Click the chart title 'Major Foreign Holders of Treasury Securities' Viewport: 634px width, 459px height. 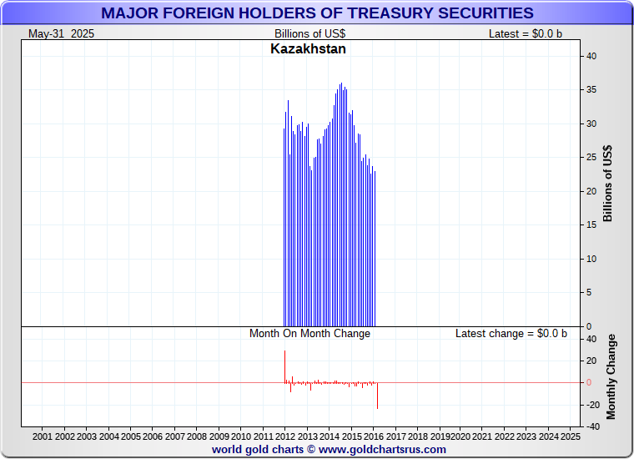[317, 13]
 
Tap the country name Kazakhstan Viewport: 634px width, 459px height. [308, 48]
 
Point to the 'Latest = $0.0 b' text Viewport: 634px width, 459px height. [526, 33]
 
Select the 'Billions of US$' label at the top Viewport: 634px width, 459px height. [310, 33]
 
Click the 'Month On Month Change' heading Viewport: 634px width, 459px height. [309, 333]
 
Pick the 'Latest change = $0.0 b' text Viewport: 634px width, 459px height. [511, 333]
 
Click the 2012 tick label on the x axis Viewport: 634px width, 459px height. [284, 436]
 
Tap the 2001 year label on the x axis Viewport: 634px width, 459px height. [43, 436]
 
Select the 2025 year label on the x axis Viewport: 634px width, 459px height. [571, 436]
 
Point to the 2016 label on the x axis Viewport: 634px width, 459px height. [373, 436]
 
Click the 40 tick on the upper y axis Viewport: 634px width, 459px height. [591, 56]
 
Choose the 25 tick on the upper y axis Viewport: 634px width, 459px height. [591, 157]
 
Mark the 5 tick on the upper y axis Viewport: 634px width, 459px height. [591, 292]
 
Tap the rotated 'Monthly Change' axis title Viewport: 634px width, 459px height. [611, 376]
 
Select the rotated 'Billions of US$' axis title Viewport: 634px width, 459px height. [608, 184]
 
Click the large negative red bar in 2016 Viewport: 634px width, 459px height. [377, 396]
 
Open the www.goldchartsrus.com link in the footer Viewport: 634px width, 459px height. [382, 449]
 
